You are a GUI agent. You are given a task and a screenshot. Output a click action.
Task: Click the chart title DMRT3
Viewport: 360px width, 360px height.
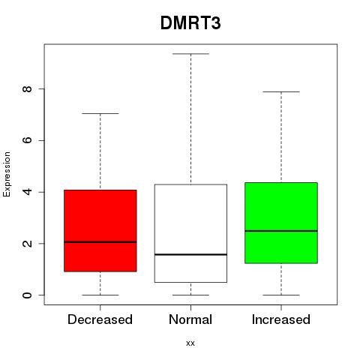pos(190,23)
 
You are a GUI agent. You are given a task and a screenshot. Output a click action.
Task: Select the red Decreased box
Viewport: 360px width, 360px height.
pos(100,230)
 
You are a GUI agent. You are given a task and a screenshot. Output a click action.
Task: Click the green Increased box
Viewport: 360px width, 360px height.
pos(281,223)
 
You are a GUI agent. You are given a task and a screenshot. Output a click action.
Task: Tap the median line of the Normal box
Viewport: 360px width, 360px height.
pos(190,254)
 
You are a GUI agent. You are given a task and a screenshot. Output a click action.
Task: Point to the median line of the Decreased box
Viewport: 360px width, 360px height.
pos(100,242)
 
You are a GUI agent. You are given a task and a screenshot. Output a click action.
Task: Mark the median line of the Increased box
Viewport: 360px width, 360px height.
pos(281,231)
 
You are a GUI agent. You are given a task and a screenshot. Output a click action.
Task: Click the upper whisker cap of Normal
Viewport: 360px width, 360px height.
pos(190,54)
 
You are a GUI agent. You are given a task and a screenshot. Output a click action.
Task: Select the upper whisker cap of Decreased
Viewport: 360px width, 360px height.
pos(100,113)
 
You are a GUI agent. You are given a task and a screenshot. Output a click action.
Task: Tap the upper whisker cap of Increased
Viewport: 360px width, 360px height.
pos(281,91)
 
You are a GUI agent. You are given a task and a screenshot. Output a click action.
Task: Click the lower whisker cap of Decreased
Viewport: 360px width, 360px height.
pos(100,295)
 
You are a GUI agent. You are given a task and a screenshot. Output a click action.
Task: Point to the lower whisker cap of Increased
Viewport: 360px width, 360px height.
pos(281,295)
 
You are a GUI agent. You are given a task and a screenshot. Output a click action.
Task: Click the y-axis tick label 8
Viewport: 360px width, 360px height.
pos(27,88)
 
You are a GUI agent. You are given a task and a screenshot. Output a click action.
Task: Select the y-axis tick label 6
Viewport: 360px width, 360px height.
pos(27,140)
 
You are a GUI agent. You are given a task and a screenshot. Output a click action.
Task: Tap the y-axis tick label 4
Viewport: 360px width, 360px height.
pos(27,192)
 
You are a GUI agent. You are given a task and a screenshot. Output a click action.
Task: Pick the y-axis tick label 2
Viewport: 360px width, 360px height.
pos(27,244)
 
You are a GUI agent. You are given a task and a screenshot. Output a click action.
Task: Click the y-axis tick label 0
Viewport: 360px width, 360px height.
pos(27,295)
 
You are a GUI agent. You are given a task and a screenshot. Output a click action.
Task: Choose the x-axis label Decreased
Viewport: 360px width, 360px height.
pos(100,319)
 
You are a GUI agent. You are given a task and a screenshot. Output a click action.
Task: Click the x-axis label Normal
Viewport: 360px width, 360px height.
pos(190,319)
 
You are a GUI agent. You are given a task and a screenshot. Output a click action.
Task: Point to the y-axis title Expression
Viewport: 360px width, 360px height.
pos(7,174)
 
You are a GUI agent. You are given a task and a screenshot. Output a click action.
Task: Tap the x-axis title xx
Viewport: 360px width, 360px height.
pos(190,343)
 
